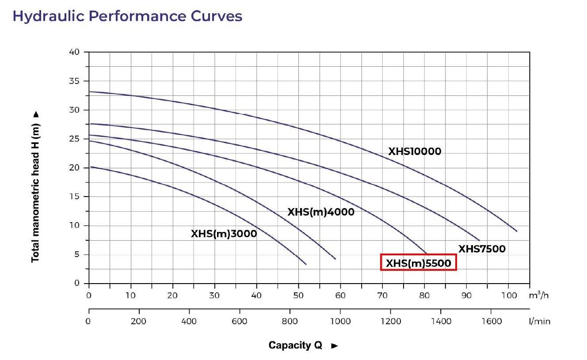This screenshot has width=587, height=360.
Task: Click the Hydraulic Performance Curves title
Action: pyautogui.click(x=127, y=16)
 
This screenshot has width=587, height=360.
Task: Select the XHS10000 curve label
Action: pyautogui.click(x=415, y=152)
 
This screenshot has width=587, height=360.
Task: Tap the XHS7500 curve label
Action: pyautogui.click(x=481, y=249)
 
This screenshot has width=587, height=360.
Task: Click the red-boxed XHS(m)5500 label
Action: pyautogui.click(x=418, y=264)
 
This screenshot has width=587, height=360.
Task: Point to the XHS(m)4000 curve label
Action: pyautogui.click(x=321, y=212)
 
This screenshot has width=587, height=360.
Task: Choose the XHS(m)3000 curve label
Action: pyautogui.click(x=224, y=234)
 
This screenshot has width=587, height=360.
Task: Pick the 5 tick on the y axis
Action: pyautogui.click(x=77, y=254)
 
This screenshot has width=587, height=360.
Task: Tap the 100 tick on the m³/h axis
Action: pyautogui.click(x=508, y=296)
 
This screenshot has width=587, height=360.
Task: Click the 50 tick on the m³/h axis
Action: pyautogui.click(x=298, y=296)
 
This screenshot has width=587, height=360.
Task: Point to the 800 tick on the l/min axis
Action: pyautogui.click(x=290, y=321)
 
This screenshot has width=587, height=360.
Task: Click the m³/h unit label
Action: pyautogui.click(x=540, y=295)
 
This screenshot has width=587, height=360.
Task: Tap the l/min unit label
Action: pyautogui.click(x=539, y=322)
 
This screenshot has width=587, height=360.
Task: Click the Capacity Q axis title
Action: pyautogui.click(x=295, y=345)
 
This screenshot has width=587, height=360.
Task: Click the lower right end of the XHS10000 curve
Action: pyautogui.click(x=516, y=231)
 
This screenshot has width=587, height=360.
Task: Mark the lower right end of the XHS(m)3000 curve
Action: pyautogui.click(x=305, y=264)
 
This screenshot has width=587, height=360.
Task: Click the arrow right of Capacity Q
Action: pyautogui.click(x=335, y=346)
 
